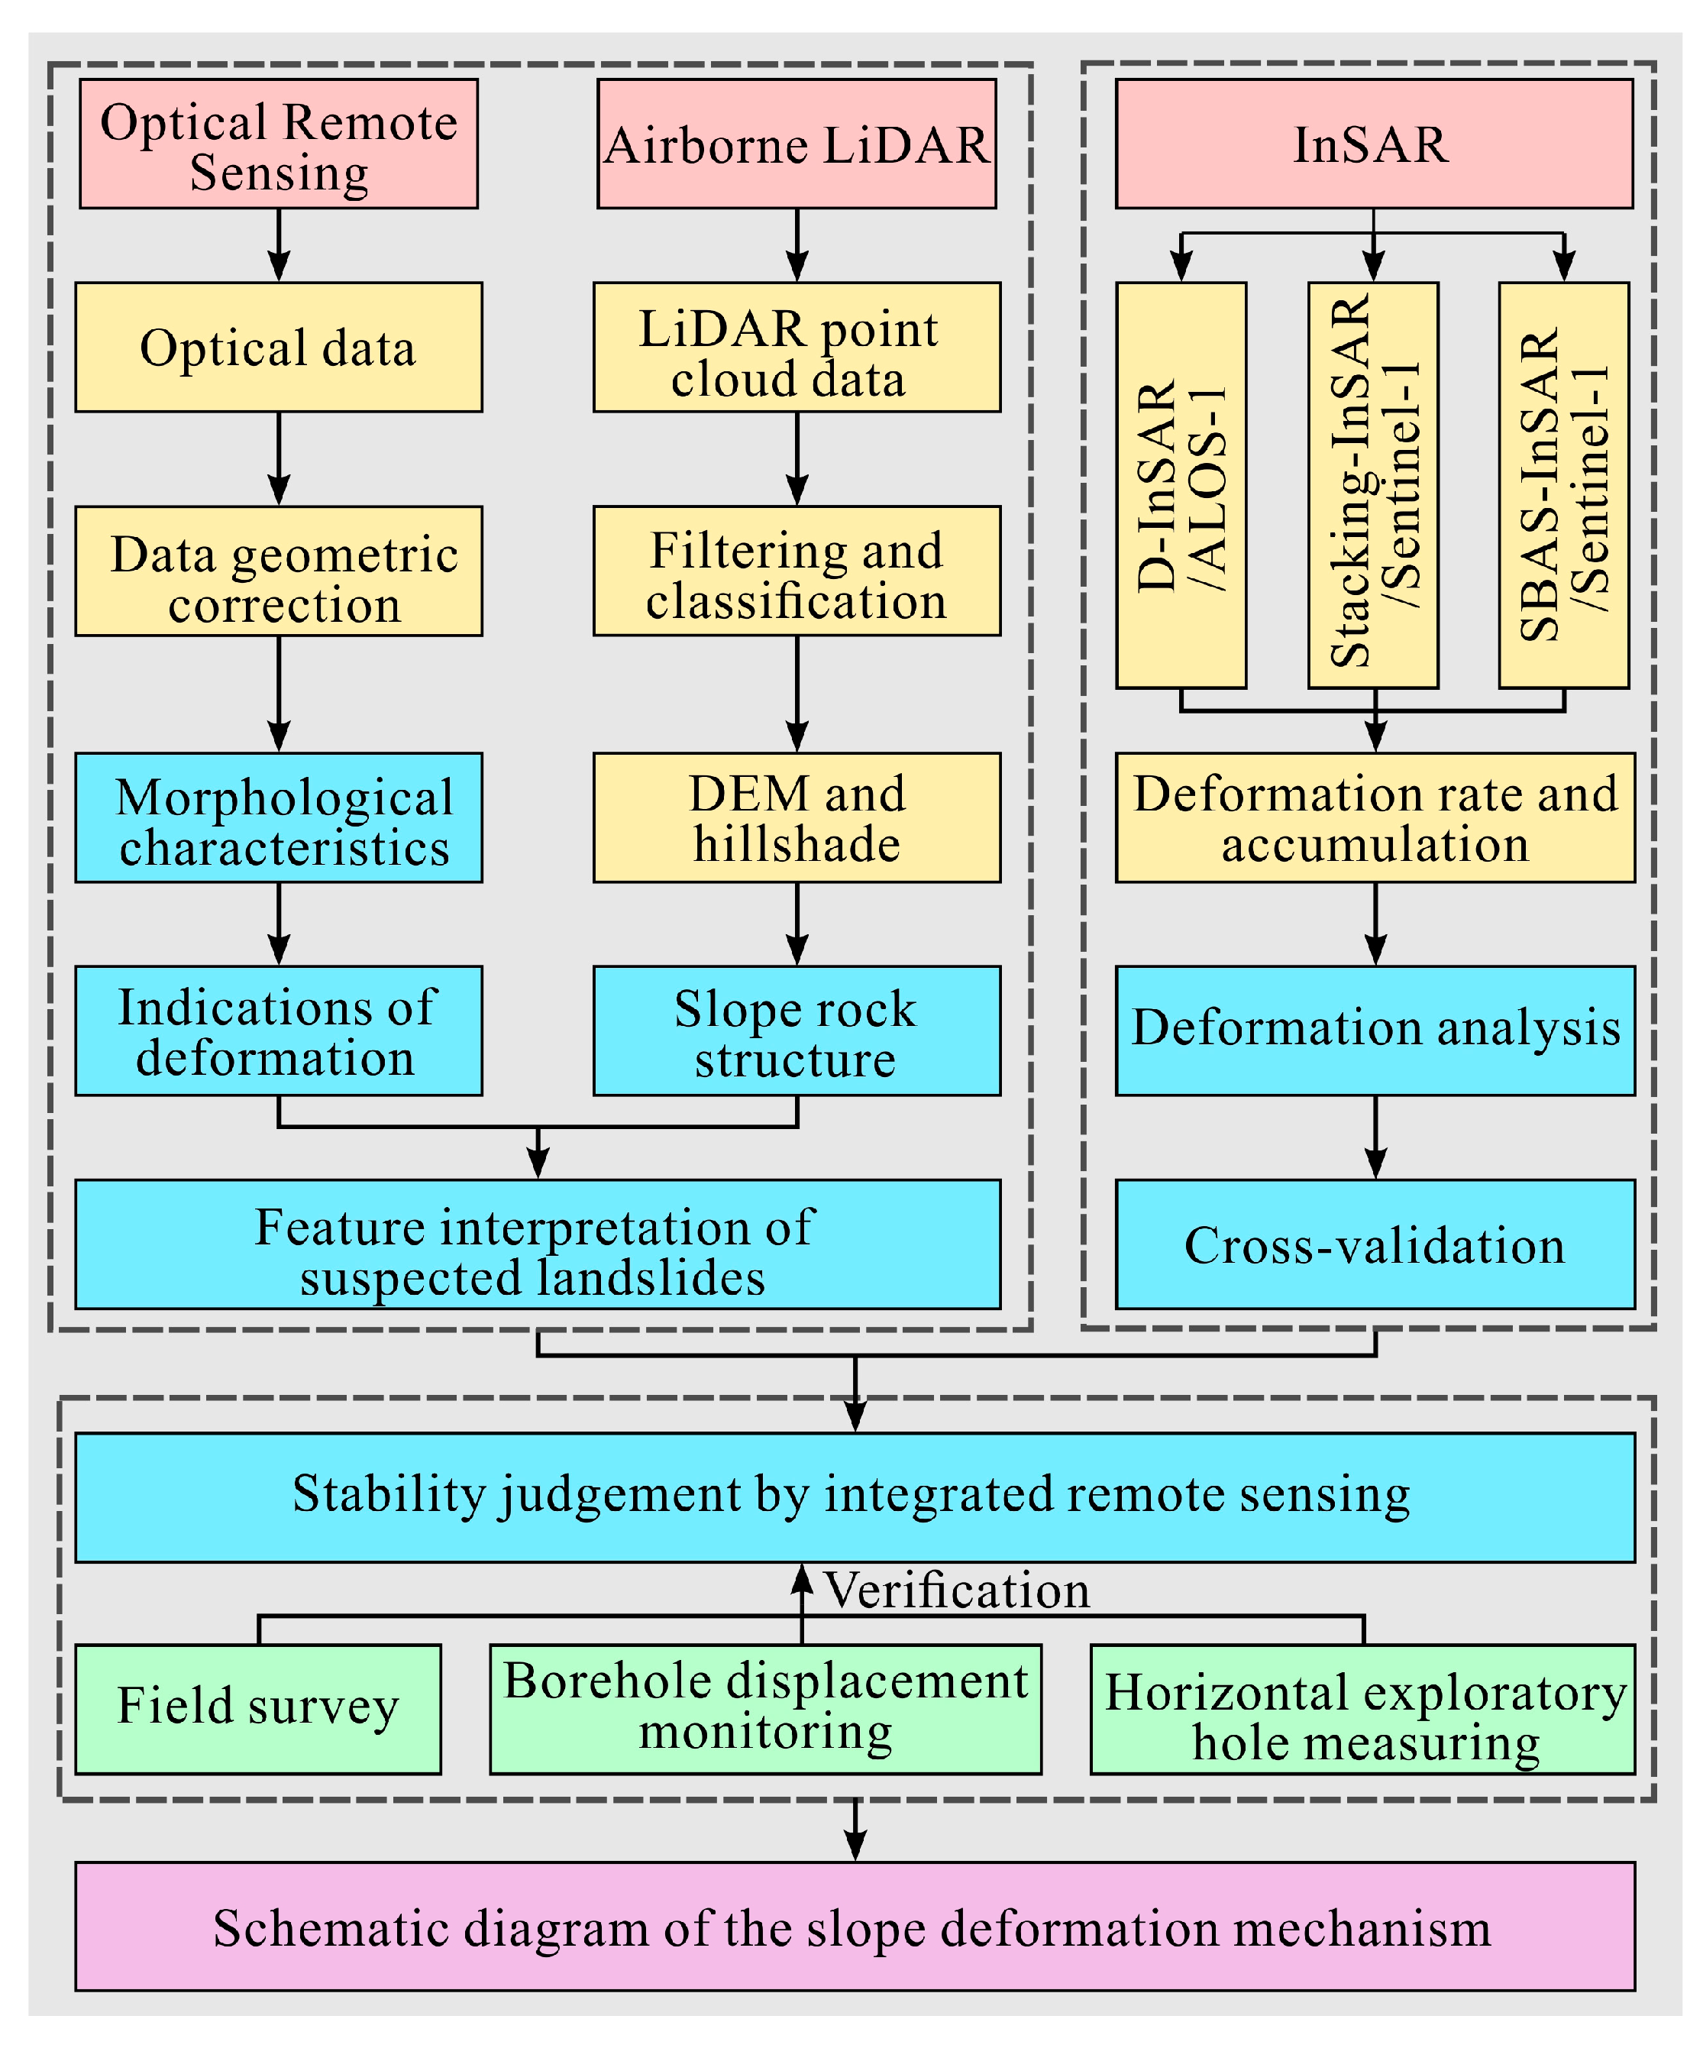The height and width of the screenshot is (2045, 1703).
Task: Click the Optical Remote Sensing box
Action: pyautogui.click(x=279, y=144)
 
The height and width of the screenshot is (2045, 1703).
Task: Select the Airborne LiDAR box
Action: pyautogui.click(x=797, y=144)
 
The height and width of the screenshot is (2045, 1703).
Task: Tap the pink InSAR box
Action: pyautogui.click(x=1373, y=144)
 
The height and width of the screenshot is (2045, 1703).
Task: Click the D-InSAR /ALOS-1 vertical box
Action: pyautogui.click(x=1181, y=485)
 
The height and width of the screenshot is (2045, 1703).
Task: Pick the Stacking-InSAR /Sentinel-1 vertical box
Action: pyautogui.click(x=1373, y=485)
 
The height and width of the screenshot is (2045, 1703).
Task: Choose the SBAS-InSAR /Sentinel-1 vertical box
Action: pyautogui.click(x=1564, y=485)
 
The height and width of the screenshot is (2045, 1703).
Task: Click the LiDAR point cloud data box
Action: pyautogui.click(x=797, y=348)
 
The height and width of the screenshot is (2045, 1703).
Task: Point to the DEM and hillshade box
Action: pyautogui.click(x=797, y=818)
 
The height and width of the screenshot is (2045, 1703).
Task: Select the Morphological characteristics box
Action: pyautogui.click(x=279, y=818)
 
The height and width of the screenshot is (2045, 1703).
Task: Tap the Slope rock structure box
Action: pyautogui.click(x=797, y=1031)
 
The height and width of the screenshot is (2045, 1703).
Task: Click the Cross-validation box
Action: pyautogui.click(x=1375, y=1244)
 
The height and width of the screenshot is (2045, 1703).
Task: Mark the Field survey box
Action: pyautogui.click(x=258, y=1709)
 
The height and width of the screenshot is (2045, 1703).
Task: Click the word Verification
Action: pyautogui.click(x=957, y=1591)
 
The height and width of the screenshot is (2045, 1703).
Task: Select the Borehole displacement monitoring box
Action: pyautogui.click(x=765, y=1709)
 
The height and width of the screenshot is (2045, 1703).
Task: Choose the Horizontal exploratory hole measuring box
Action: pyautogui.click(x=1363, y=1709)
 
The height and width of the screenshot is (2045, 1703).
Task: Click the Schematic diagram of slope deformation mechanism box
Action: pyautogui.click(x=855, y=1927)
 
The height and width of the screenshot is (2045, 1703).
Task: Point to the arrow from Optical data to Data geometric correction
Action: pyautogui.click(x=279, y=458)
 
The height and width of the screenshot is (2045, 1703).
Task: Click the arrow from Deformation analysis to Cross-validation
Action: pyautogui.click(x=1375, y=1137)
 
